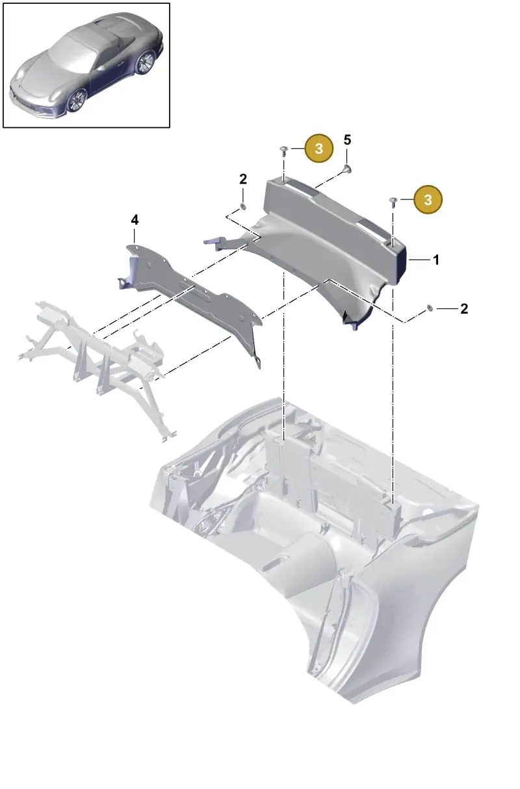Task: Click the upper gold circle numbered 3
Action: pyautogui.click(x=318, y=148)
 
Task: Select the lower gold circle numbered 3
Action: pyautogui.click(x=428, y=200)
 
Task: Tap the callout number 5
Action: pyautogui.click(x=347, y=140)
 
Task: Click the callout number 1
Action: pyautogui.click(x=436, y=260)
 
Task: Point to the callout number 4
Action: pyautogui.click(x=135, y=220)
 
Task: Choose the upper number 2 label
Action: pyautogui.click(x=243, y=179)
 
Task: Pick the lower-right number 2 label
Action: pyautogui.click(x=464, y=309)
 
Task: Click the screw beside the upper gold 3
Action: pyautogui.click(x=284, y=151)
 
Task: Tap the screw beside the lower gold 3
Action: pyautogui.click(x=393, y=202)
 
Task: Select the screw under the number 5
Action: pyautogui.click(x=347, y=169)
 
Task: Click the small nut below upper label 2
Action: pyautogui.click(x=242, y=206)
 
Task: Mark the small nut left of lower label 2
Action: pyautogui.click(x=430, y=308)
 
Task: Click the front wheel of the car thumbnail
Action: pyautogui.click(x=76, y=100)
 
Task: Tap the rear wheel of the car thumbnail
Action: pyautogui.click(x=145, y=62)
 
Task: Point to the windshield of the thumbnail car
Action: pyautogui.click(x=70, y=53)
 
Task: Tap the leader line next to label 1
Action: pyautogui.click(x=419, y=260)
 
